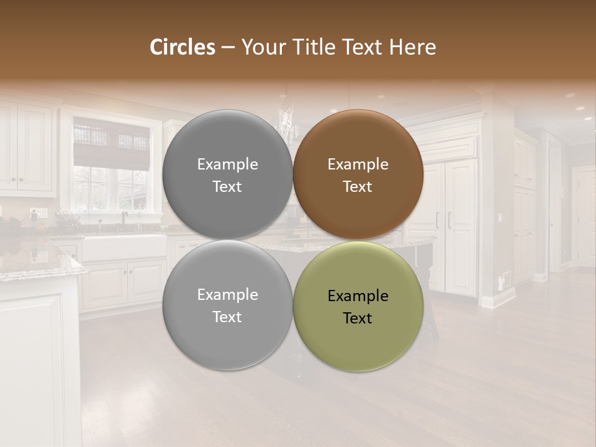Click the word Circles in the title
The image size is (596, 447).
pyautogui.click(x=182, y=47)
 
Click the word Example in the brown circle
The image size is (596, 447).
pyautogui.click(x=358, y=165)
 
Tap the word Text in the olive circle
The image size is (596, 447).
pyautogui.click(x=358, y=318)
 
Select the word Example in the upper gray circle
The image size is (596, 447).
pyautogui.click(x=227, y=165)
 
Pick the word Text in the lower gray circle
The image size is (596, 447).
pyautogui.click(x=227, y=317)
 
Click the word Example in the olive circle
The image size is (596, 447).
pyautogui.click(x=358, y=296)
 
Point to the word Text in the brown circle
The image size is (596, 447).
pyautogui.click(x=358, y=187)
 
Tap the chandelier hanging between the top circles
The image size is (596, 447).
pyautogui.click(x=287, y=121)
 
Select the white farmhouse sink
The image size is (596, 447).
pyautogui.click(x=124, y=248)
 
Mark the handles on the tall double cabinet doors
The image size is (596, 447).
pyautogui.click(x=443, y=220)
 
